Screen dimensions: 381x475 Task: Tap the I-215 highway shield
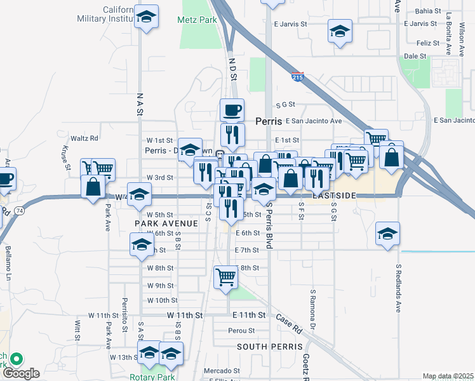click(x=297, y=77)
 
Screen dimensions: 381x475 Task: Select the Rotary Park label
click(x=152, y=377)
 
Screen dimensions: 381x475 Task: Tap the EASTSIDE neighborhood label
click(x=333, y=196)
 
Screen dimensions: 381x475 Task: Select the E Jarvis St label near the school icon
click(x=290, y=23)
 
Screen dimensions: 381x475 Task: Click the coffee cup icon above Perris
click(x=232, y=110)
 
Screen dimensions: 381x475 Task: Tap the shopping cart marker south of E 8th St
click(x=226, y=277)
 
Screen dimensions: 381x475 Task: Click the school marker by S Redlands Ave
click(x=387, y=234)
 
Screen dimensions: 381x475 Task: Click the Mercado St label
click(x=220, y=371)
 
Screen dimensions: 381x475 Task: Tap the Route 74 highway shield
click(x=20, y=210)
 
